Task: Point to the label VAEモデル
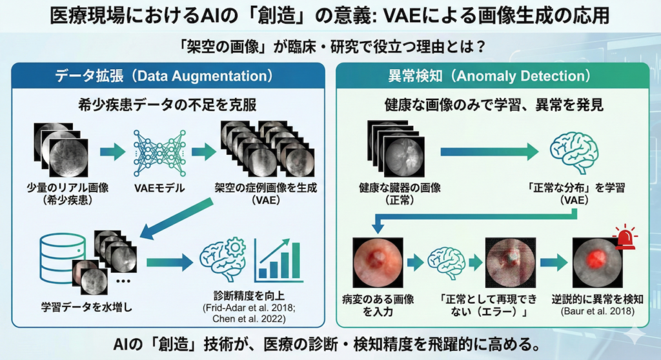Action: (158, 188)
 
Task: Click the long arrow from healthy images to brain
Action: (489, 152)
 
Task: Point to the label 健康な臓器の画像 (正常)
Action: (400, 194)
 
